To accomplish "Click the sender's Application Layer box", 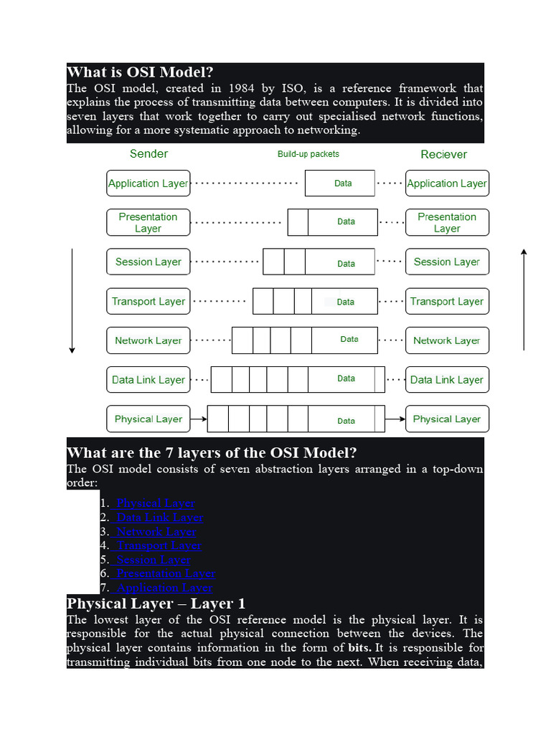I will click(148, 183).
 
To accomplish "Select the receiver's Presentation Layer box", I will click(447, 222).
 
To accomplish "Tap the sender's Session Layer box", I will click(148, 262).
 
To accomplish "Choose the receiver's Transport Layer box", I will click(447, 301).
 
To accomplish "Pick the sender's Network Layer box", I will click(148, 340).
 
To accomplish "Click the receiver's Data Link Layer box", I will click(447, 380).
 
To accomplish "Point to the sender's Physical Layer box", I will click(148, 419).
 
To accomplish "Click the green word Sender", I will click(149, 153).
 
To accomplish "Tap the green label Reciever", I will click(443, 154).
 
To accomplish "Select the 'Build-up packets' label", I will click(309, 154).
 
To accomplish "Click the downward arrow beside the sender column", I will click(72, 301).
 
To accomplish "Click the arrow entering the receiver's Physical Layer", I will click(394, 419).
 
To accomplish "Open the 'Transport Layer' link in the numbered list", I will click(159, 545).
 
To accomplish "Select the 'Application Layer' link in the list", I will click(164, 588).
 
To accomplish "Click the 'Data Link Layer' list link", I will click(160, 518).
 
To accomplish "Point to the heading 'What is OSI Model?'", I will click(140, 72).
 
